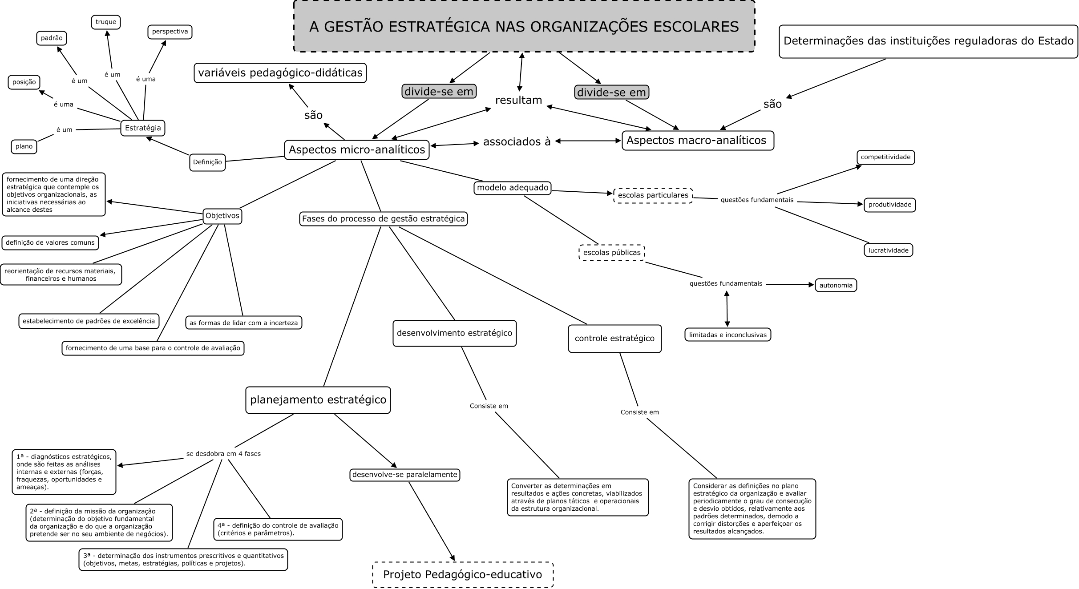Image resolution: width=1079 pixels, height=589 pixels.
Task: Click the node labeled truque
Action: coord(106,22)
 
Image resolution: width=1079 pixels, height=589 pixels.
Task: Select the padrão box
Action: coord(52,38)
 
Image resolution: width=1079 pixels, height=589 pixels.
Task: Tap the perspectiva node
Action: coord(170,32)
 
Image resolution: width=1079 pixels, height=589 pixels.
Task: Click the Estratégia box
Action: coord(143,128)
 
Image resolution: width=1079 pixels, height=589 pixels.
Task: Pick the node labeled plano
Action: coord(24,146)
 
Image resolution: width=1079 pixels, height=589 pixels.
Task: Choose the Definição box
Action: coord(207,162)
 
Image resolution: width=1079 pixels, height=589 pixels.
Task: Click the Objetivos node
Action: coord(222,216)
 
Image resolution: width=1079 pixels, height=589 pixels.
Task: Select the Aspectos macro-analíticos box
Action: coord(697,141)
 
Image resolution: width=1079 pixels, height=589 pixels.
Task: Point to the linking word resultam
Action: coord(518,100)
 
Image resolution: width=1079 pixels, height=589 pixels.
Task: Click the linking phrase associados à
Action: coord(517,142)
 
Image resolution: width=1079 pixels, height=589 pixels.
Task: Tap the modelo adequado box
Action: coord(513,188)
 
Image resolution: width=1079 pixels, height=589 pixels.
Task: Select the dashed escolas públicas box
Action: coord(612,253)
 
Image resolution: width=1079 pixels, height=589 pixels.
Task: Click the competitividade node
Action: coord(885,157)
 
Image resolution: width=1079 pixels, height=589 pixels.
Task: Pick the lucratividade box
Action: coord(888,250)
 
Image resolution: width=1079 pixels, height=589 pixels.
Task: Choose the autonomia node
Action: coord(836,285)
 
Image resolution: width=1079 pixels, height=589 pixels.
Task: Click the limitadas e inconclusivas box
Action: coord(727,335)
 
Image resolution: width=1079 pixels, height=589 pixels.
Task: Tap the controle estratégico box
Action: coord(614,339)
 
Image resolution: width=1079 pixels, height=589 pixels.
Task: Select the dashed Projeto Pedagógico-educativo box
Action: coord(463,574)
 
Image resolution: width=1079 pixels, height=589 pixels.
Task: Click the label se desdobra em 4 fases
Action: coord(223,454)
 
